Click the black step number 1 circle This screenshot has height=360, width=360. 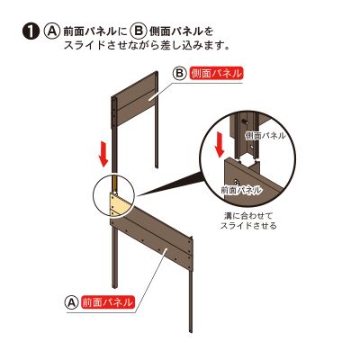(x=31, y=31)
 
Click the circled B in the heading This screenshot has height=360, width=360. (x=138, y=31)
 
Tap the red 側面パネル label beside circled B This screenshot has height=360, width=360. (x=216, y=74)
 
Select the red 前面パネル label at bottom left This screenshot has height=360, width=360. (x=108, y=302)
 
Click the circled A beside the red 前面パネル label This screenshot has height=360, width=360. (x=71, y=302)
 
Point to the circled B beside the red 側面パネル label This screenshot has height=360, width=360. (x=179, y=74)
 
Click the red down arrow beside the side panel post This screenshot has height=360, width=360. (x=103, y=156)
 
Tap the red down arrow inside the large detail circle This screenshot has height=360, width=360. (x=220, y=145)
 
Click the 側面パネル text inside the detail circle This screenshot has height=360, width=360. (x=265, y=136)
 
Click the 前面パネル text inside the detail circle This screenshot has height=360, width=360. (x=241, y=190)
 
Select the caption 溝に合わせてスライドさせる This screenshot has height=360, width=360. (x=248, y=220)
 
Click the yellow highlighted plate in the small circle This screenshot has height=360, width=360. (x=120, y=204)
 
